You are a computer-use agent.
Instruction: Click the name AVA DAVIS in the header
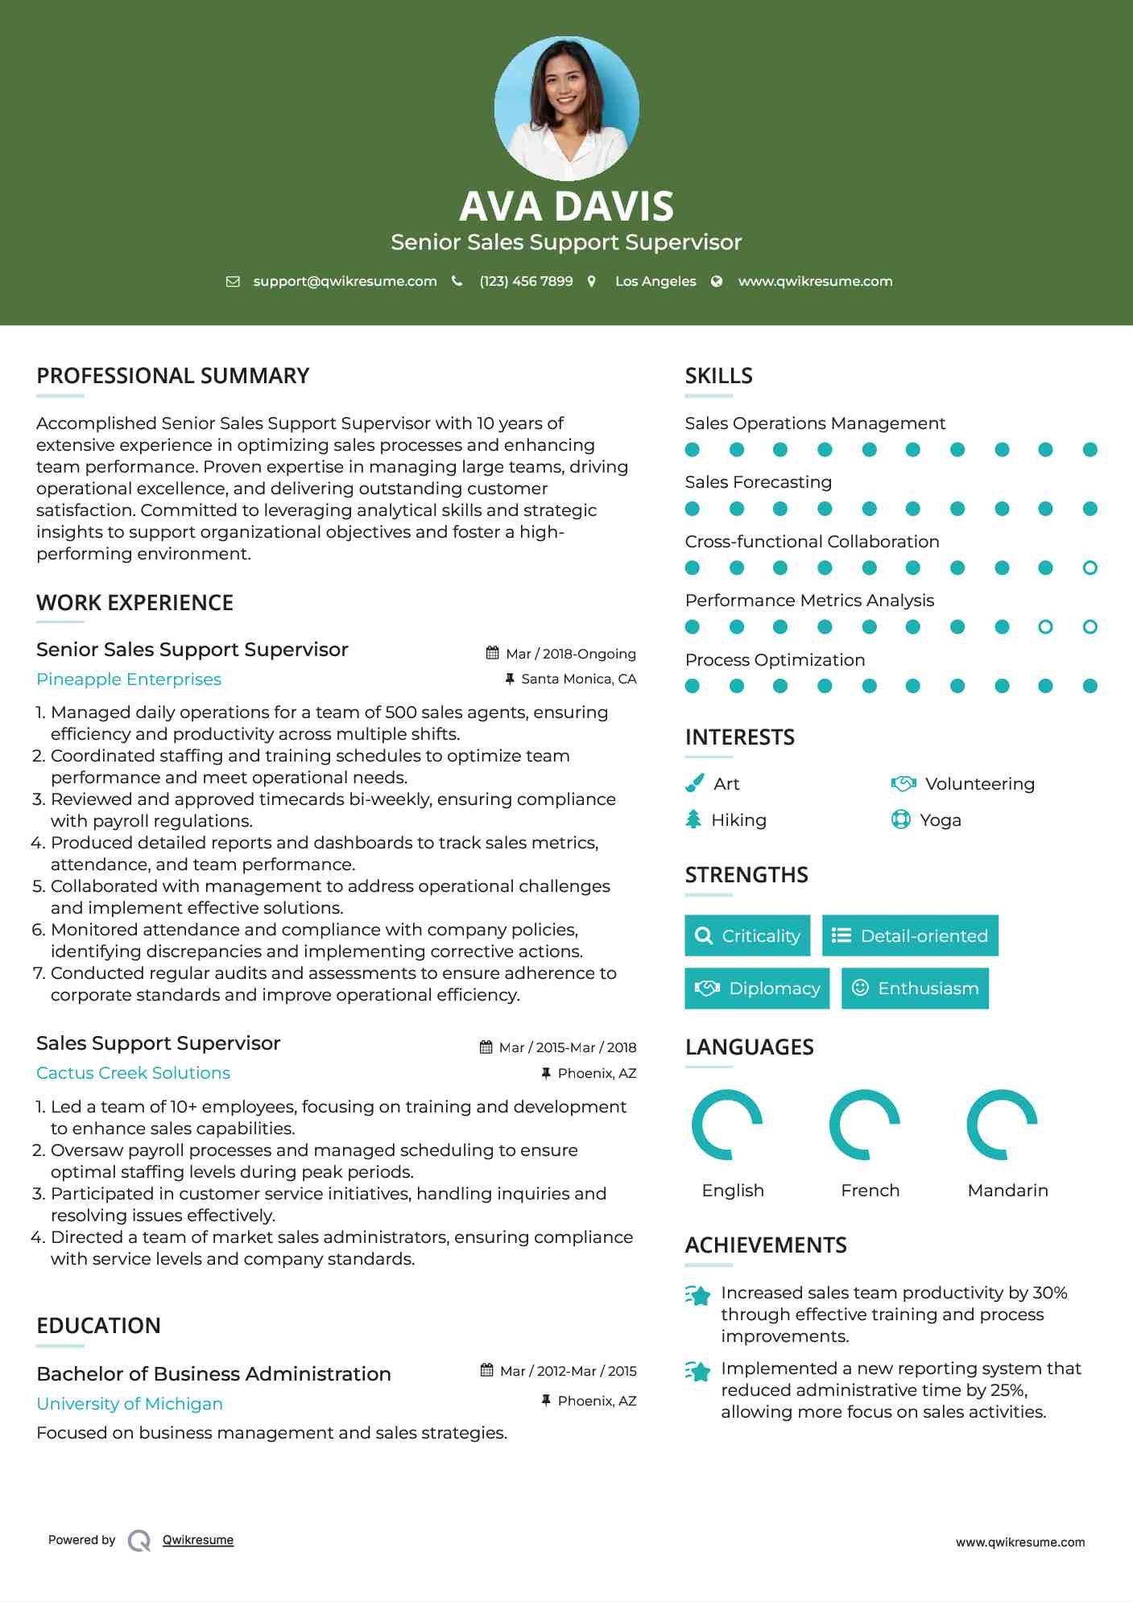566,206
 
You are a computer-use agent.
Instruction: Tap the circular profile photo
566,108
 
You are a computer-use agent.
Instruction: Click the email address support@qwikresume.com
345,281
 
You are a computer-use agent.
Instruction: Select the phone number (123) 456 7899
526,281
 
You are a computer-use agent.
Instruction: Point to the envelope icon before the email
233,281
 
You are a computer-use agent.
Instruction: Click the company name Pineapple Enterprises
129,679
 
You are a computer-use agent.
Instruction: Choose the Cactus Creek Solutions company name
133,1073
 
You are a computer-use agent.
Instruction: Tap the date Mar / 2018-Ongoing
570,654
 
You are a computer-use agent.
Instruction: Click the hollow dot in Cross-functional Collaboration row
1090,568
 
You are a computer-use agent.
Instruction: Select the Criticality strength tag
747,935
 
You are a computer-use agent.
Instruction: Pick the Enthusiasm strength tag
915,988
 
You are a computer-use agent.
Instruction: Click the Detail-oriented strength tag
910,935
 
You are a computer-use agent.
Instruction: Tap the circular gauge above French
865,1125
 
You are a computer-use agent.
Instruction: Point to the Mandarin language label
1007,1190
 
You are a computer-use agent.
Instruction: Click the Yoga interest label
940,820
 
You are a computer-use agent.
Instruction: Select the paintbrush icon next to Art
694,783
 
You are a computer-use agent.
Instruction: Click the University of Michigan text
130,1403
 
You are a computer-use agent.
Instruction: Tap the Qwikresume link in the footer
198,1540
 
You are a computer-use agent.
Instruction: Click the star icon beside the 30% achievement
697,1295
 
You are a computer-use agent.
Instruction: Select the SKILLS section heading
718,376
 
